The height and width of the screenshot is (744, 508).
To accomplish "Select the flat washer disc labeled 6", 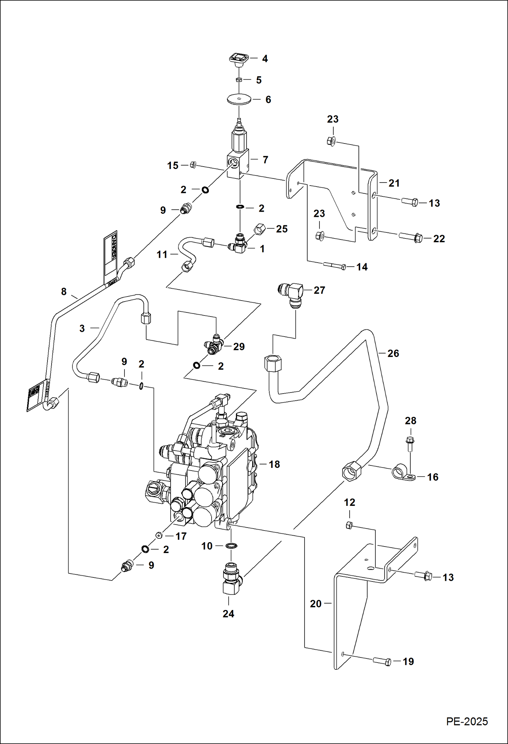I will [x=239, y=99].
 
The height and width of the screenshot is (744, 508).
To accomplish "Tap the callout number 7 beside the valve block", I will [x=265, y=159].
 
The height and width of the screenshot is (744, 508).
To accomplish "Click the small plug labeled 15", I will [x=193, y=165].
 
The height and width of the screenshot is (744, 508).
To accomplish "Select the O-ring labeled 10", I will [x=231, y=546].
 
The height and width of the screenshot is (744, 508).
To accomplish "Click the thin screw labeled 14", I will [x=334, y=266].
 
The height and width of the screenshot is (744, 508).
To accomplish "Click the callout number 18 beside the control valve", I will [x=274, y=464].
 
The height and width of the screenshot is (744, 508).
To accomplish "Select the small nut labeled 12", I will [x=349, y=526].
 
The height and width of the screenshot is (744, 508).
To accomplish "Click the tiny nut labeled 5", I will [x=239, y=80].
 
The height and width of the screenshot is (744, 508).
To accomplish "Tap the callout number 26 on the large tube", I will [x=393, y=353].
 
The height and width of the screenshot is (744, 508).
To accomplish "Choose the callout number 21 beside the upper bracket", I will [x=394, y=183].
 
